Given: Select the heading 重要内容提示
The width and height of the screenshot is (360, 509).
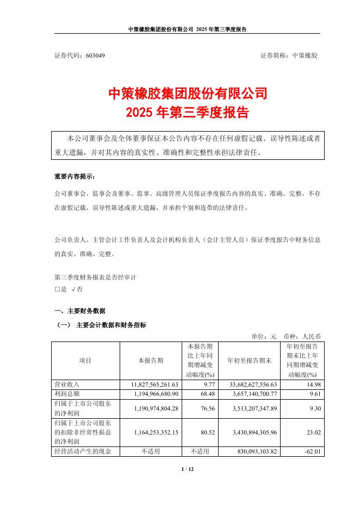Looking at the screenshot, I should [x=74, y=177].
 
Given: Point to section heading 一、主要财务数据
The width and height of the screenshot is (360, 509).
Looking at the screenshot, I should [x=80, y=311].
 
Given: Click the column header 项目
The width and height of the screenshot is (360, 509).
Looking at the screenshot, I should [x=85, y=360].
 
